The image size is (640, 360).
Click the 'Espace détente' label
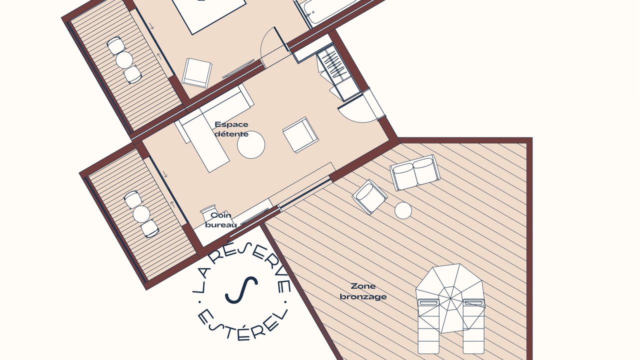pyautogui.click(x=231, y=129)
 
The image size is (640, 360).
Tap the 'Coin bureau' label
pyautogui.click(x=221, y=220)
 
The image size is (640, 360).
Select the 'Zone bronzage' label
pyautogui.click(x=363, y=291)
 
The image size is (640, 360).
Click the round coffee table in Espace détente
pyautogui.click(x=251, y=144)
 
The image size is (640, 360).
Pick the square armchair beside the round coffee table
pyautogui.click(x=300, y=134)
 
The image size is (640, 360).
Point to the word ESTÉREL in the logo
pyautogui.click(x=242, y=325)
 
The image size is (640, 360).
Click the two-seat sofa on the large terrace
pyautogui.click(x=415, y=172)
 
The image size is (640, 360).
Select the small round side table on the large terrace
pyautogui.click(x=403, y=210)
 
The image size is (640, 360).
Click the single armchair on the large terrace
pyautogui.click(x=369, y=197)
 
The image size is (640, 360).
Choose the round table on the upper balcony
pyautogui.click(x=124, y=59)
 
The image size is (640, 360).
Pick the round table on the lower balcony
pyautogui.click(x=141, y=214)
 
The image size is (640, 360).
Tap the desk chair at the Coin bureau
pyautogui.click(x=208, y=213)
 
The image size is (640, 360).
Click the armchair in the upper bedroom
pyautogui.click(x=197, y=73)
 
